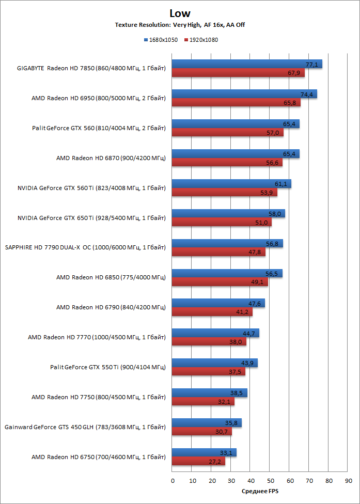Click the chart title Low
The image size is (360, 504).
[x=180, y=13]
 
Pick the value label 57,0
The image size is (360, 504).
[x=274, y=133]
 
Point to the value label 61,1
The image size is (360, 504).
[x=281, y=184]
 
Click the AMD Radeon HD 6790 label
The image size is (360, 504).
[x=111, y=308]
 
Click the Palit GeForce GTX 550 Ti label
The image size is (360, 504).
[x=107, y=368]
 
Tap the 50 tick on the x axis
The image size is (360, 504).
[x=270, y=481]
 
